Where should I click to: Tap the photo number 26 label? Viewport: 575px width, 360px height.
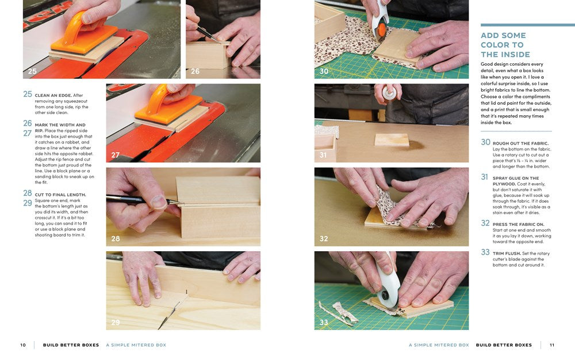(x=195, y=71)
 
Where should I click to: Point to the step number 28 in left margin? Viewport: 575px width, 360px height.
(x=28, y=193)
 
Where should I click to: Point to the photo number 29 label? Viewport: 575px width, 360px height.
(x=116, y=322)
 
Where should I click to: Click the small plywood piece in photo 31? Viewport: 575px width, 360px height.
(x=392, y=139)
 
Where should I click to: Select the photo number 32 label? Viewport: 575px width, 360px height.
(x=324, y=238)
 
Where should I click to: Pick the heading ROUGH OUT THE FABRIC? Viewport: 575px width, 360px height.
(x=520, y=143)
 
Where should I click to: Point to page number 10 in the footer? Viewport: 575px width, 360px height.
(x=23, y=345)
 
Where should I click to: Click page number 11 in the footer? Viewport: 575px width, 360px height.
(x=552, y=345)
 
